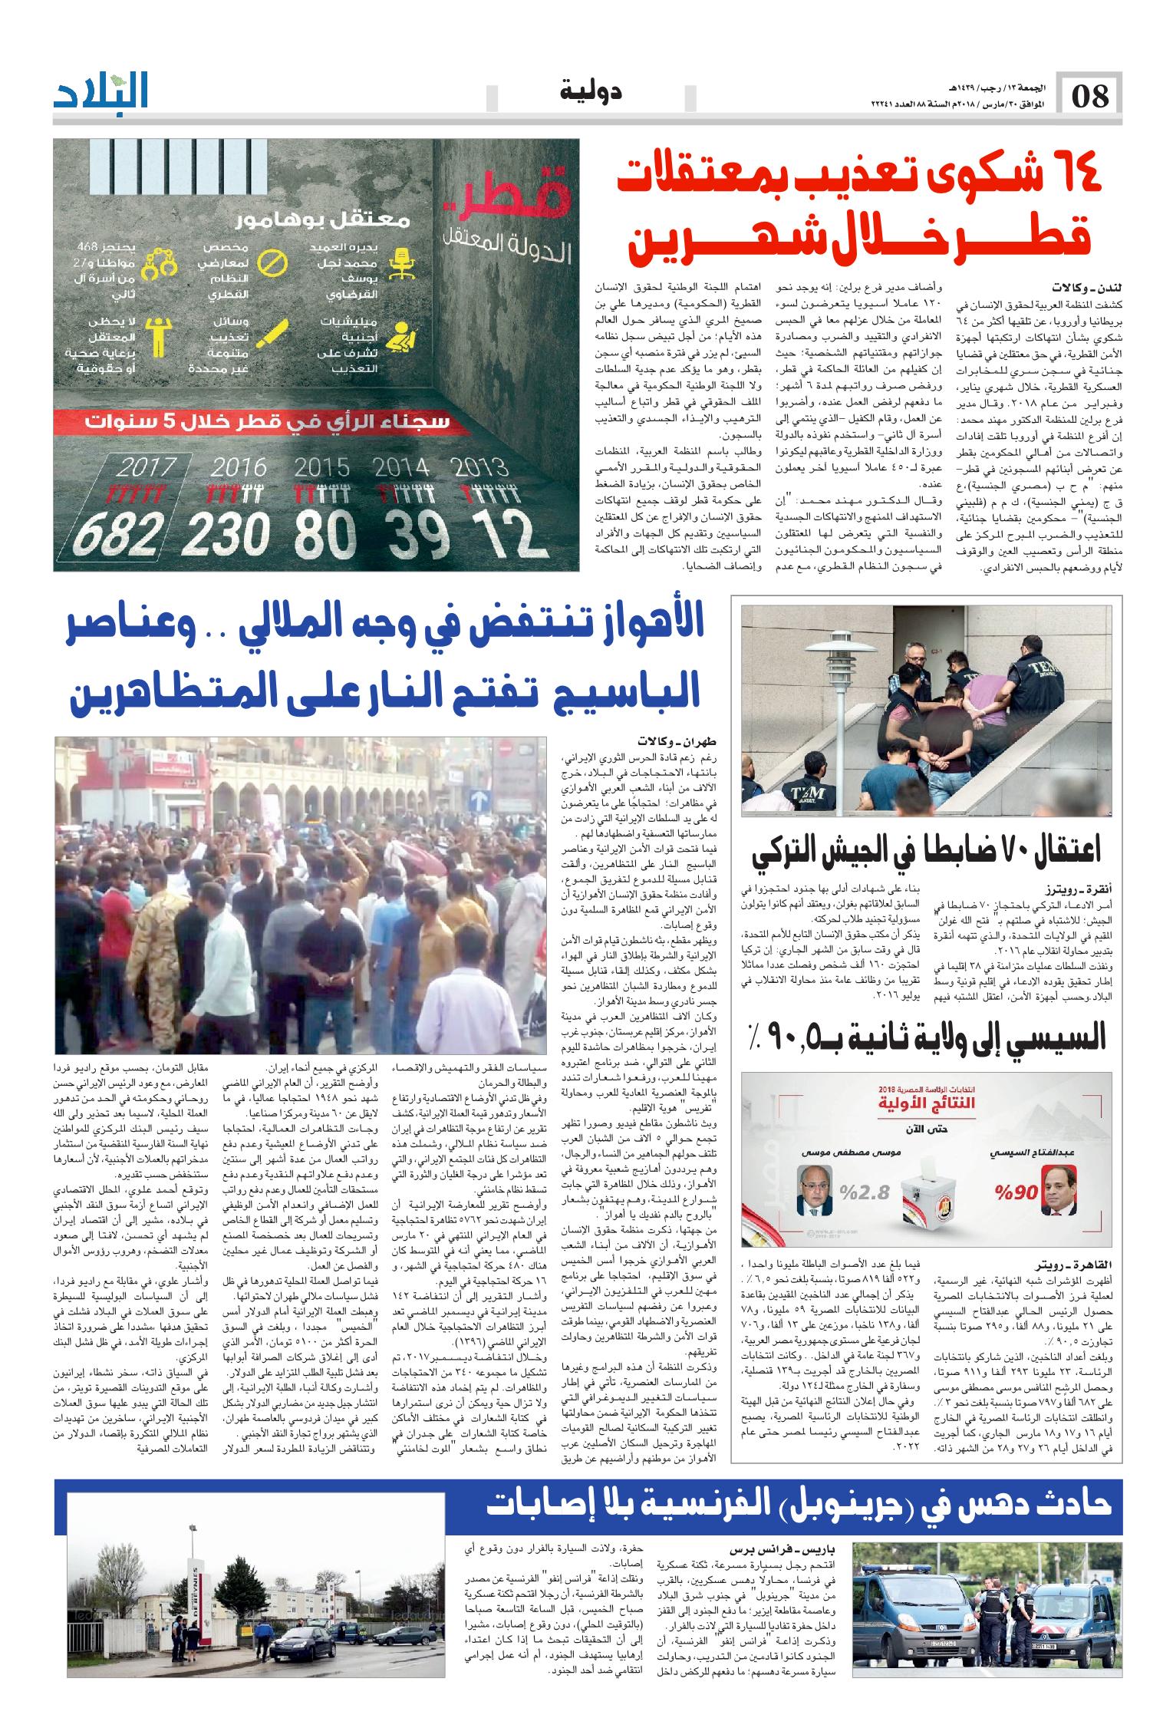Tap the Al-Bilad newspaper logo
(100, 93)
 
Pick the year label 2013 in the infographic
(480, 467)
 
